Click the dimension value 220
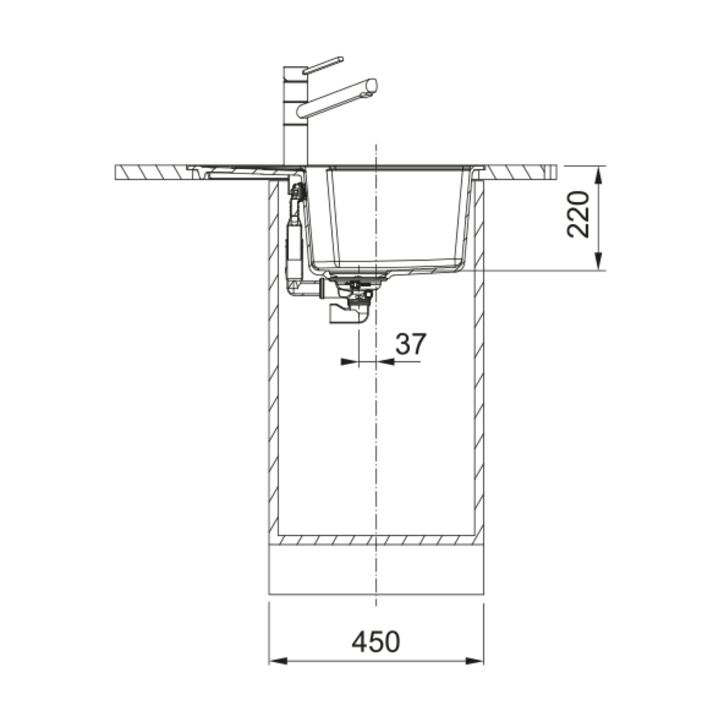point(579,214)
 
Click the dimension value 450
point(376,642)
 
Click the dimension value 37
point(410,344)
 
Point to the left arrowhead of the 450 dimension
point(277,661)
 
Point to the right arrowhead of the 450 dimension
point(475,661)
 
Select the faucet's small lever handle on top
point(322,65)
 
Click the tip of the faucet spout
point(372,87)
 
